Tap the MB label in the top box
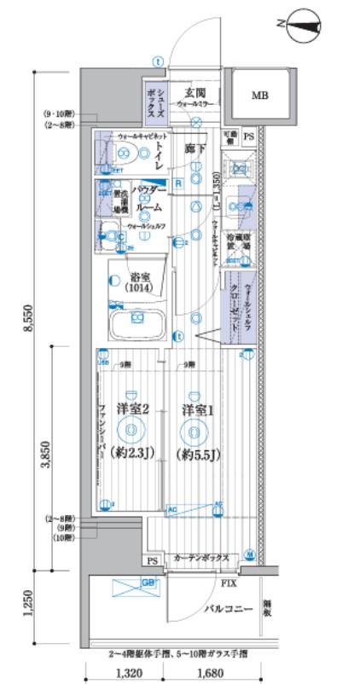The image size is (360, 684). point(258,96)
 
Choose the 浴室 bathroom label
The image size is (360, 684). point(141,276)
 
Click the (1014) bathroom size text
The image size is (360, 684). point(141,288)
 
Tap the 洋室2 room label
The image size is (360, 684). point(135,409)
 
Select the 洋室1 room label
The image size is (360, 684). point(196,409)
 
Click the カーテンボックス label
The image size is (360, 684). point(202,558)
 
